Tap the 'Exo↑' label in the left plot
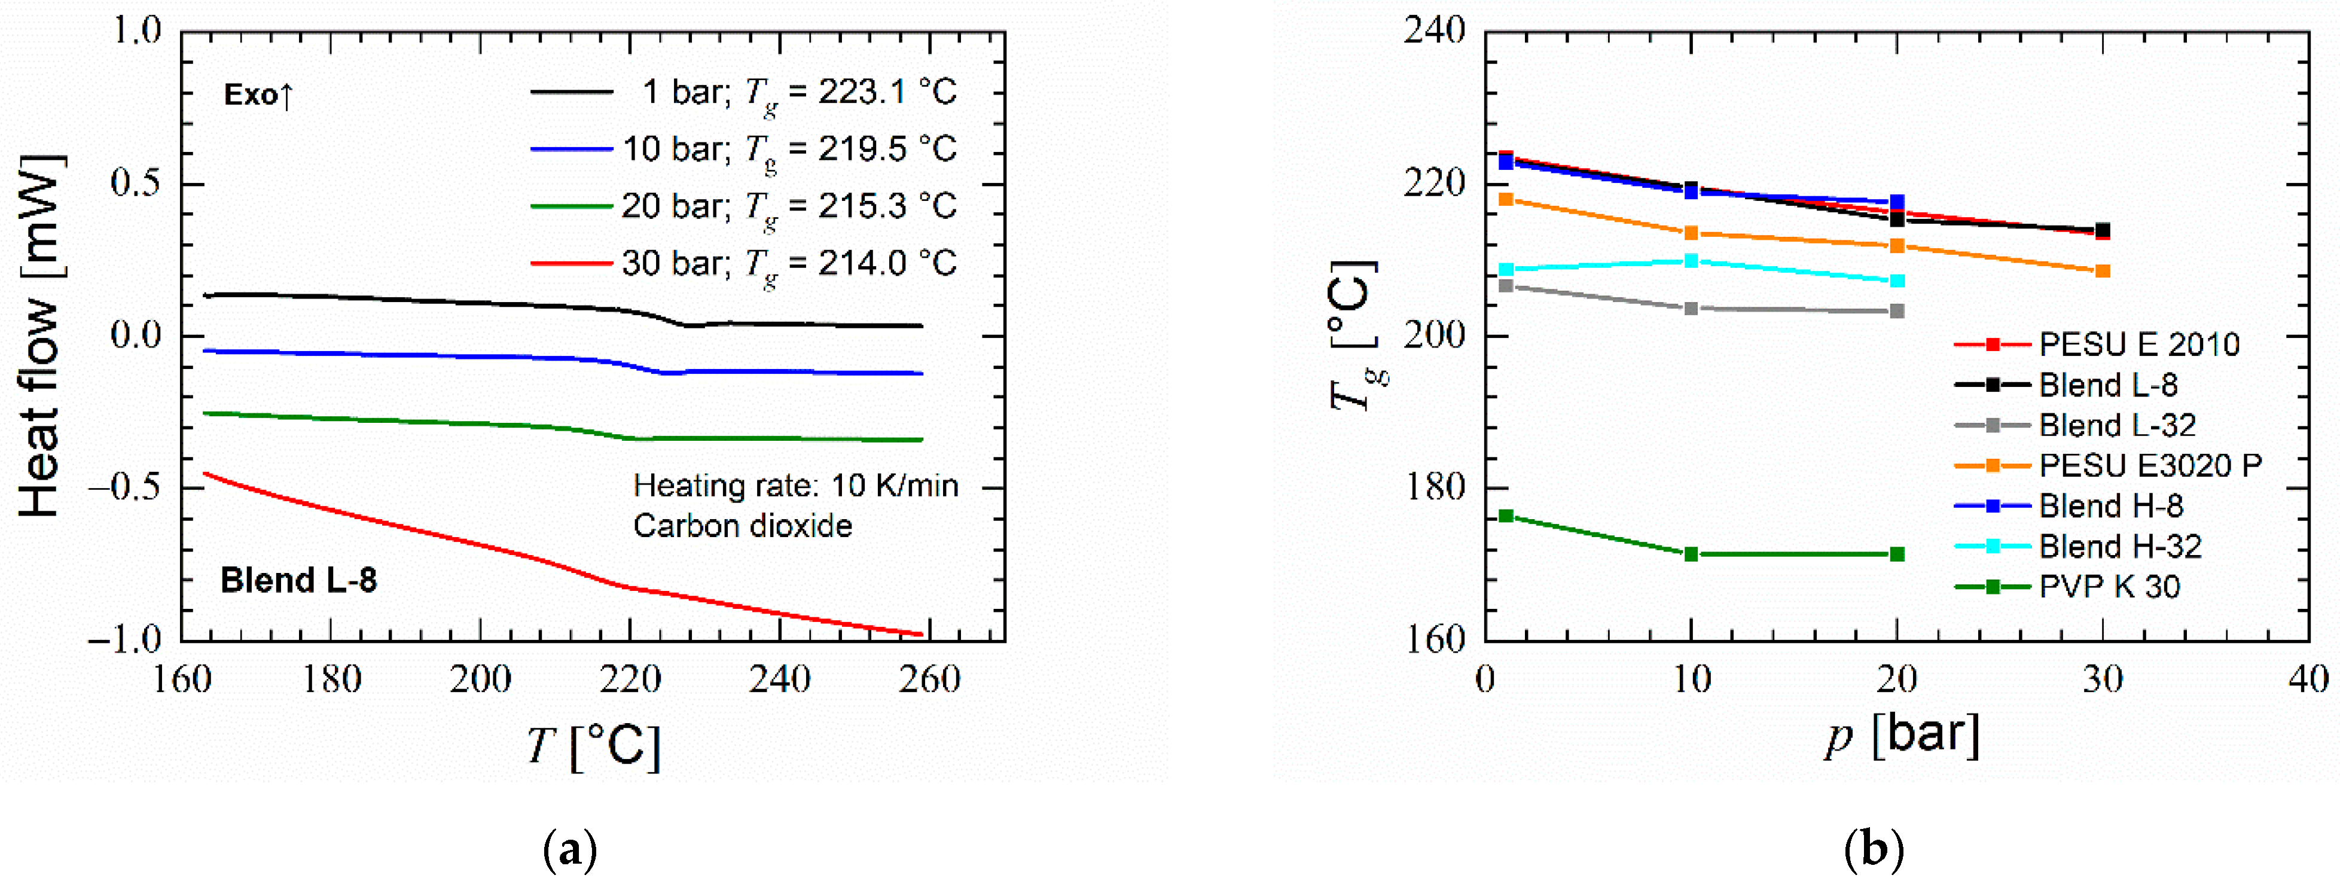tap(259, 94)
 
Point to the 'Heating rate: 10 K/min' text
tap(796, 486)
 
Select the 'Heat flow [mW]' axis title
tap(41, 336)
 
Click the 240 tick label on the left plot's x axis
tap(779, 679)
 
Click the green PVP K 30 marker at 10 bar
tap(1691, 554)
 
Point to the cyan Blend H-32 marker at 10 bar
tap(1691, 261)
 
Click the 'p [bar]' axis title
tap(1902, 736)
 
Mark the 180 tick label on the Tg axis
tap(1435, 487)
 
